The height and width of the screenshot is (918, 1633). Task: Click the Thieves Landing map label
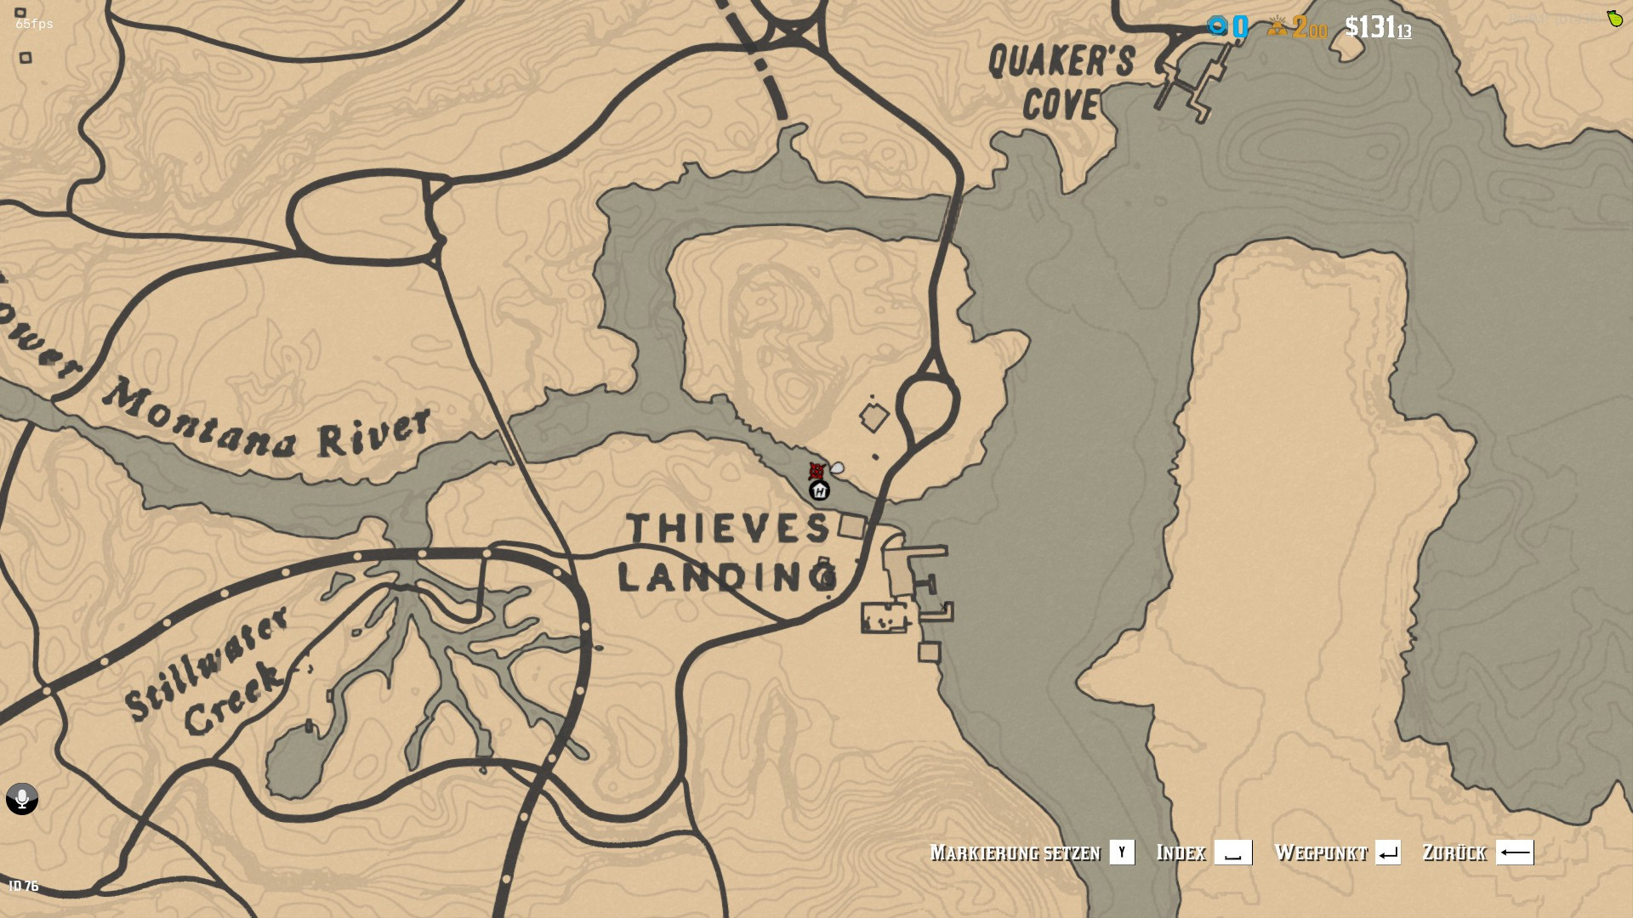tap(727, 552)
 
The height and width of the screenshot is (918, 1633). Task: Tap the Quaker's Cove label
tap(1061, 83)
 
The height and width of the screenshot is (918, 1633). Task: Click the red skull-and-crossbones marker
tap(816, 471)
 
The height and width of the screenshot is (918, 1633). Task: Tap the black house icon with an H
tap(819, 490)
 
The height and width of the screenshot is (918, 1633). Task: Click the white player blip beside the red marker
tap(837, 467)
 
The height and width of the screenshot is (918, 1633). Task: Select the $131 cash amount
tap(1377, 28)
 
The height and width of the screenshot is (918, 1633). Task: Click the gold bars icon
tap(1277, 27)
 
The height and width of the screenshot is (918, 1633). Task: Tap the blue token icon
tap(1218, 26)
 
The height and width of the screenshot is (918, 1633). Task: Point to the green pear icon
tap(1614, 18)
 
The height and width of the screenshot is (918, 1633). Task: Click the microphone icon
tap(22, 799)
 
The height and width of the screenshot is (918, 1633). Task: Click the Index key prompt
tap(1232, 853)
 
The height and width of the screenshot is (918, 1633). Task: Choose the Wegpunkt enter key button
tap(1387, 853)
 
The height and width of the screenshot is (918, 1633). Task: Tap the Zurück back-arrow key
tap(1514, 853)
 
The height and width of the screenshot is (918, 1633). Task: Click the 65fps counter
tap(34, 24)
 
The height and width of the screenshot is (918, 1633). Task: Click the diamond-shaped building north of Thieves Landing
tap(873, 416)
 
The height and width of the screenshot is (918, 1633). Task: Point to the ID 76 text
tap(24, 886)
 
